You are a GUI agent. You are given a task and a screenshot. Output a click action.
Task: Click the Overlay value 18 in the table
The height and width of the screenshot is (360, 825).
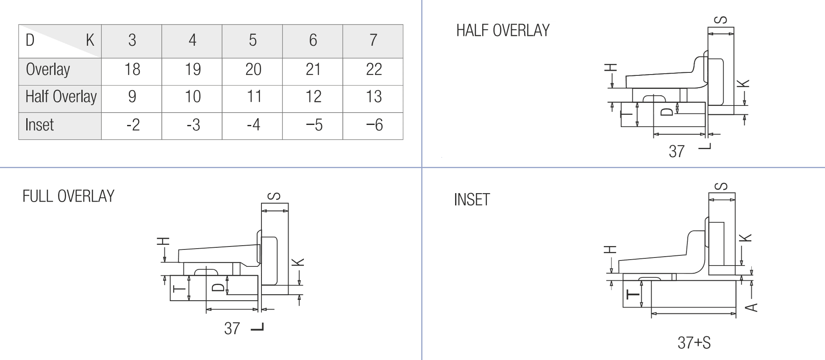click(132, 69)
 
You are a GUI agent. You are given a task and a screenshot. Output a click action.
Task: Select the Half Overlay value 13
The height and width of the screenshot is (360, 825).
click(374, 97)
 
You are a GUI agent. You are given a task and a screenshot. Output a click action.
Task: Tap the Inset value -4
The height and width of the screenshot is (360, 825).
click(253, 125)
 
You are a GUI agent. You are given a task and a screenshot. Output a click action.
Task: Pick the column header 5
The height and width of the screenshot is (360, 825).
click(253, 40)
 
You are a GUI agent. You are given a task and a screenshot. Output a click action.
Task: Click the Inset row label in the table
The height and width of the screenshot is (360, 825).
click(39, 125)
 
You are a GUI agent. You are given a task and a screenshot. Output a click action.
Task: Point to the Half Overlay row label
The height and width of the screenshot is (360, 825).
click(61, 97)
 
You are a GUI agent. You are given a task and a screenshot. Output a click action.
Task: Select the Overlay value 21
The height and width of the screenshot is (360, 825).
click(313, 69)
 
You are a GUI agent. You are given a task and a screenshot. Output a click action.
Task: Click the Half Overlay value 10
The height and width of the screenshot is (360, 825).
click(193, 97)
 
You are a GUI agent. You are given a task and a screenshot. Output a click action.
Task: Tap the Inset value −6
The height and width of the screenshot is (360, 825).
click(374, 125)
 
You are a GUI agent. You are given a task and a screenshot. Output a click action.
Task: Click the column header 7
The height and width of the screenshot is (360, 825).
click(373, 40)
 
